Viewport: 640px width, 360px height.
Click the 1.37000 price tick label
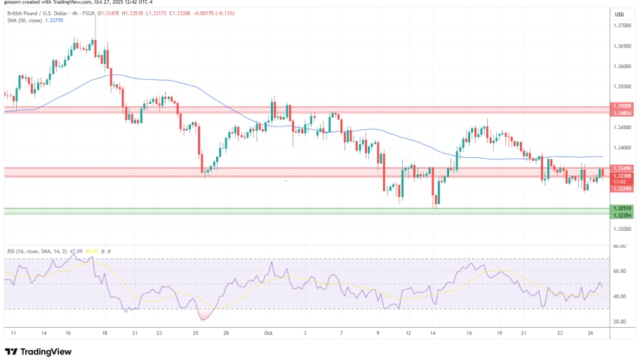click(x=620, y=26)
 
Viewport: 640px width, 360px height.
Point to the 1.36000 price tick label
click(x=620, y=67)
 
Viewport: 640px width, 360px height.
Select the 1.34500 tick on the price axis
click(x=620, y=128)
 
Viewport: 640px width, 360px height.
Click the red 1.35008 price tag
click(x=622, y=107)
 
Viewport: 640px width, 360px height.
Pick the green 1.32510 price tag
click(x=622, y=209)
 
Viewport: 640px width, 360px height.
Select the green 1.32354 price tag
click(x=622, y=215)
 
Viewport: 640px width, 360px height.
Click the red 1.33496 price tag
click(x=622, y=168)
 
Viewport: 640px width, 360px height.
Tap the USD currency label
click(x=620, y=14)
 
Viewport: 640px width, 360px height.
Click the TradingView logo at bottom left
click(x=41, y=351)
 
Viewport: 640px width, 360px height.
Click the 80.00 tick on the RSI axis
click(x=619, y=246)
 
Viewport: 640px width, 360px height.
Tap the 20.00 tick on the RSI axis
click(x=619, y=321)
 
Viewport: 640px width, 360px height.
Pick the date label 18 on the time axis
click(x=105, y=334)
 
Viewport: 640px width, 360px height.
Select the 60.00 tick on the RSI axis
click(x=619, y=271)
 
